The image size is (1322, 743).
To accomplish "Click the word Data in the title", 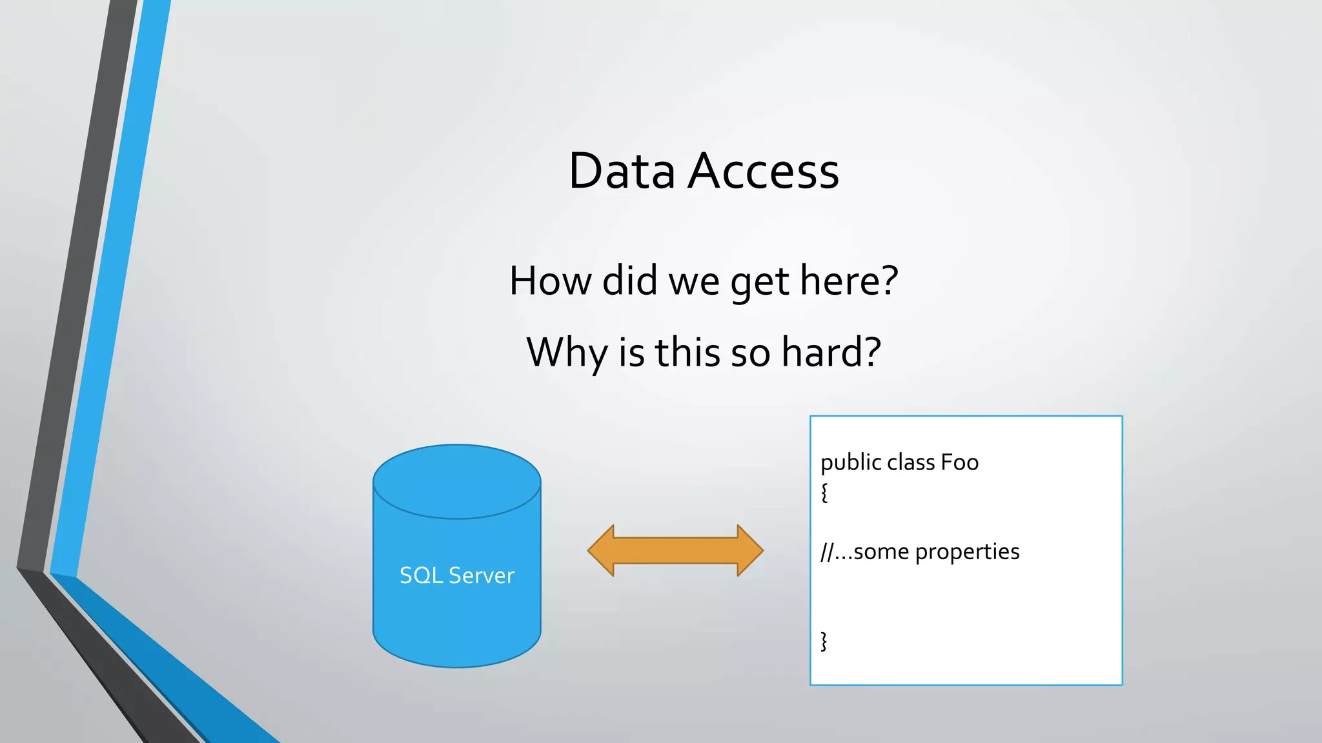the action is coord(622,171).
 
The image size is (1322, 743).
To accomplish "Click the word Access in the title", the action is coord(763,171).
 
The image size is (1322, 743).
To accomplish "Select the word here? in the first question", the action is coord(849,281).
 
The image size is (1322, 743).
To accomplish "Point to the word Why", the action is coord(567,353).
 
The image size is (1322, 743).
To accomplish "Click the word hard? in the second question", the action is coord(831,353).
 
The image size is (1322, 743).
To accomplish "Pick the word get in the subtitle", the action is coord(760,282).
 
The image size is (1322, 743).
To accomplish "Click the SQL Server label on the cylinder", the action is coord(457,575).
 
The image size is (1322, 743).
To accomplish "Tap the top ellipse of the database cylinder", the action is coord(457,481).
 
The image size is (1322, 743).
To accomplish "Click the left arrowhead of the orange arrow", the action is coord(602,550).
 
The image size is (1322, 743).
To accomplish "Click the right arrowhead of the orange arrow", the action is coord(749,550).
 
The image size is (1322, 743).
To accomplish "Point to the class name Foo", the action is coord(960,462).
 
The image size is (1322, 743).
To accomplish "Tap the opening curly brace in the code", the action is coord(824,493).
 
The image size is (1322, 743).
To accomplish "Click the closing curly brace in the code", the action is coord(824,641).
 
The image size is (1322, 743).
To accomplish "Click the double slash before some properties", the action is coord(827,552).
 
